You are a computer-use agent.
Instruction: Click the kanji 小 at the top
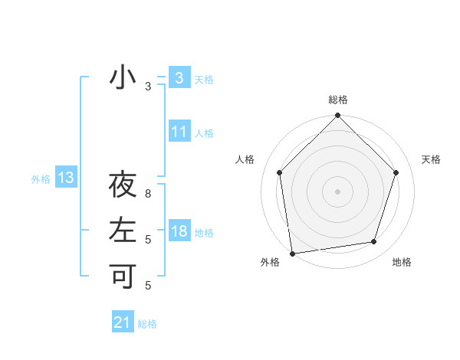tap(123, 77)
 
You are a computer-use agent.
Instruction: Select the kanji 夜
tap(123, 186)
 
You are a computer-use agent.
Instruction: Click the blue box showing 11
tap(179, 132)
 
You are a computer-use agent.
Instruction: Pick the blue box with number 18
tap(179, 231)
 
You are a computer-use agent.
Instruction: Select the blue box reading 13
tap(66, 178)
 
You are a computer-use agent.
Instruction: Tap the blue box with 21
tap(123, 322)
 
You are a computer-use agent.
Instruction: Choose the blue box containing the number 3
tap(179, 77)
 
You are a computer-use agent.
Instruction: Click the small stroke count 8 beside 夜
tap(149, 195)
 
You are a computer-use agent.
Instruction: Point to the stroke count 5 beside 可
tap(149, 286)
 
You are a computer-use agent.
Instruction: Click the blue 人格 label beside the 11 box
tap(204, 133)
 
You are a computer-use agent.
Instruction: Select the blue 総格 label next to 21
tap(147, 324)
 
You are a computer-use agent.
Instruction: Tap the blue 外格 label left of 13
tap(41, 179)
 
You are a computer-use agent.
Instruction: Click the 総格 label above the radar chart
tap(338, 100)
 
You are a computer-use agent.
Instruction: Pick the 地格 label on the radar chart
tap(402, 262)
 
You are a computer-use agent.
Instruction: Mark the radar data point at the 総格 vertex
tap(337, 116)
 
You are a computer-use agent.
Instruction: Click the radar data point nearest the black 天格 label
tap(396, 172)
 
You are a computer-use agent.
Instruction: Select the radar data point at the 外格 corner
tap(292, 253)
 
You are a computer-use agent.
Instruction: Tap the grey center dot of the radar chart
tap(337, 191)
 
